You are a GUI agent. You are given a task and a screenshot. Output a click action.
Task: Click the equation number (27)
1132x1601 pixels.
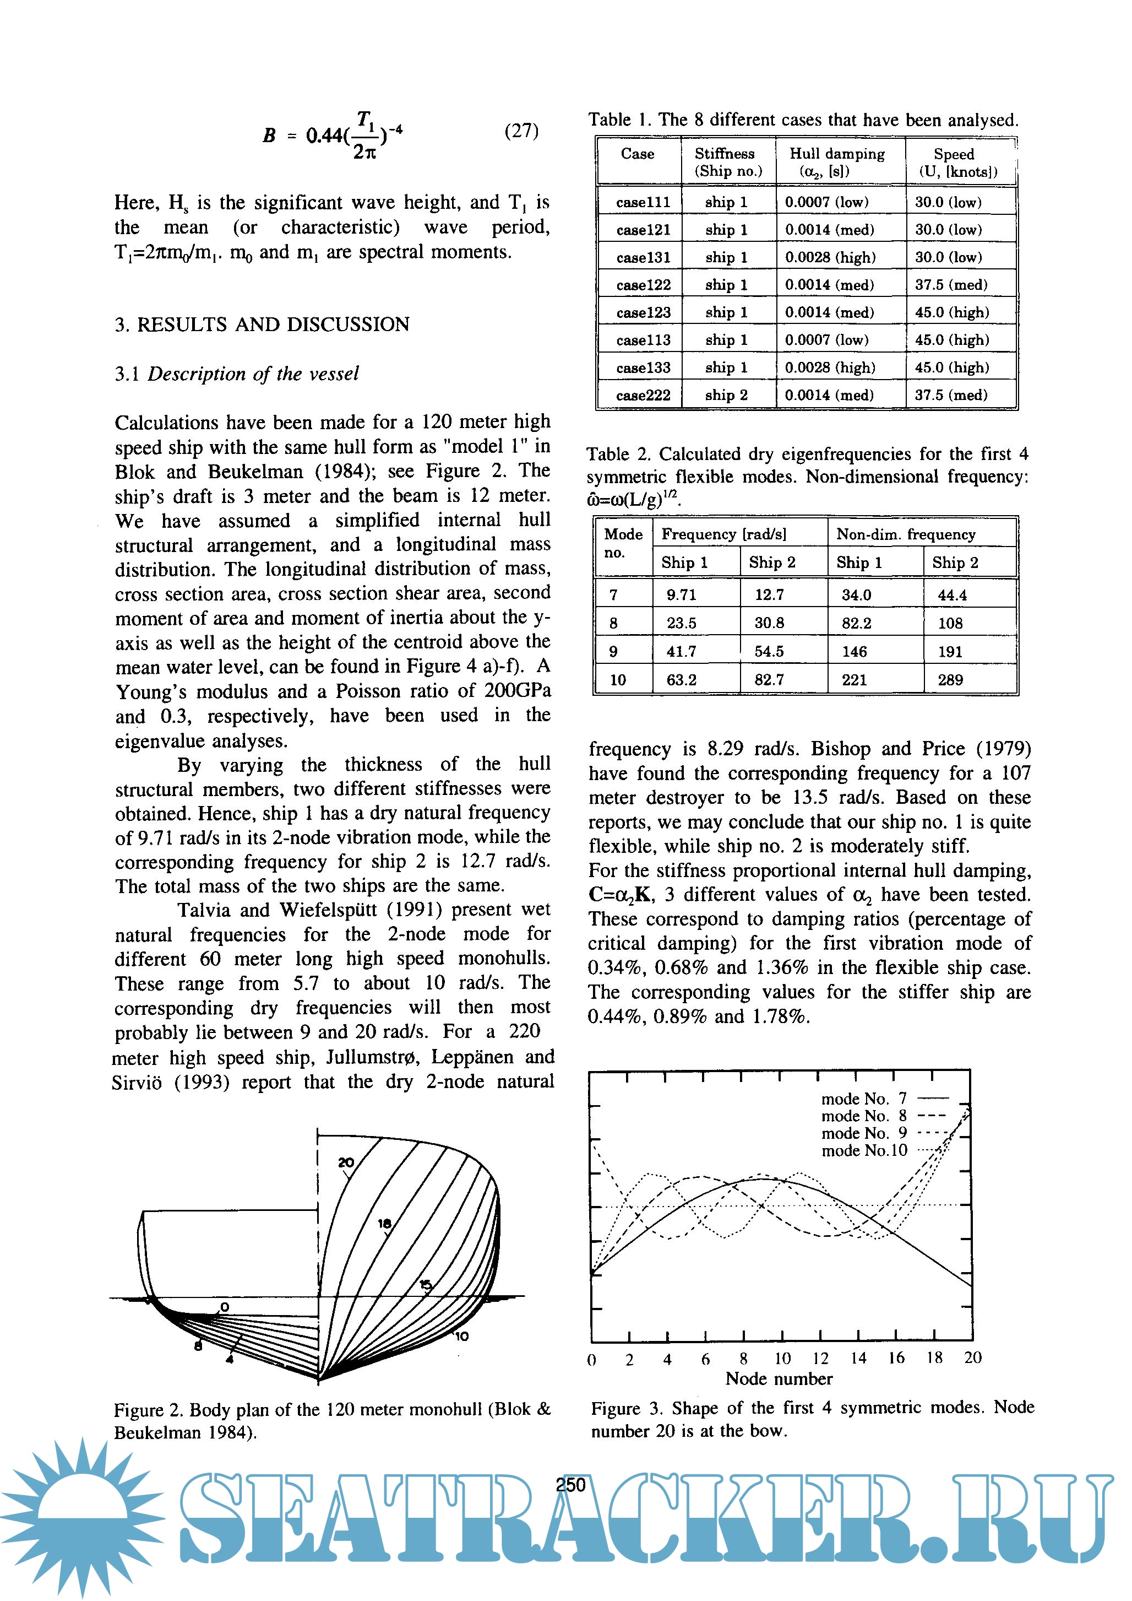(521, 131)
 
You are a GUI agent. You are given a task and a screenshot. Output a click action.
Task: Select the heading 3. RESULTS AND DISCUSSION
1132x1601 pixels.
(262, 324)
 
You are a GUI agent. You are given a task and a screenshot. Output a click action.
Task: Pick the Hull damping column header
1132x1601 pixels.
(836, 162)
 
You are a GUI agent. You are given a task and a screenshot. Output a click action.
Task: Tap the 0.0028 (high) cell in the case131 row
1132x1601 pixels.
(830, 257)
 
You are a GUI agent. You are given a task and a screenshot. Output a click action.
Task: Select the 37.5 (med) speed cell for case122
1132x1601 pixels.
(951, 284)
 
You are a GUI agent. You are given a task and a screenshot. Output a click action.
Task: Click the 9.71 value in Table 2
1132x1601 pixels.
(681, 595)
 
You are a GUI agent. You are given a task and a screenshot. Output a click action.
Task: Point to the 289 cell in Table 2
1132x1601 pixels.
(950, 680)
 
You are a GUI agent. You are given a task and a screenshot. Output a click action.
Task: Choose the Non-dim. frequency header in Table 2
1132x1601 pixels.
(906, 534)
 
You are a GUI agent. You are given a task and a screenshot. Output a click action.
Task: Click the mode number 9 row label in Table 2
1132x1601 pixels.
(613, 651)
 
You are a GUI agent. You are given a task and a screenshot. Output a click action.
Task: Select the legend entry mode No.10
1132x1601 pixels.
(864, 1150)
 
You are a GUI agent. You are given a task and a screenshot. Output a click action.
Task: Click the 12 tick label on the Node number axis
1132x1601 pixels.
(820, 1359)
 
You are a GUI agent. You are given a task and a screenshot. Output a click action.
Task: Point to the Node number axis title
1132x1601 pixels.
(779, 1378)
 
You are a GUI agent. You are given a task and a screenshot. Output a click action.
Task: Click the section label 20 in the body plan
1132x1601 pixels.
(346, 1162)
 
